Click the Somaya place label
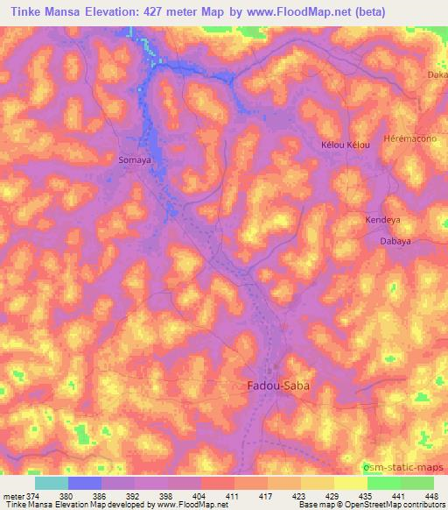(135, 160)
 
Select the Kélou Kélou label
(346, 144)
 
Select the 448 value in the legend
(431, 495)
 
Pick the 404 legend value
(200, 495)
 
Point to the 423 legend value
(299, 495)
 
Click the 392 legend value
(135, 495)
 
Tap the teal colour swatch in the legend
(52, 483)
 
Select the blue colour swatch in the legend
(85, 483)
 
